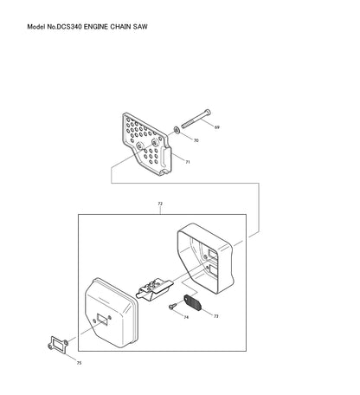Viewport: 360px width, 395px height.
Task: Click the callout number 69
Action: click(x=217, y=127)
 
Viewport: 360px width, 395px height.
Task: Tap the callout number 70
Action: click(x=196, y=140)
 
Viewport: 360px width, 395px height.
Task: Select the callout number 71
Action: click(x=188, y=162)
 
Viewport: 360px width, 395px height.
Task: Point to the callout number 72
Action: click(x=160, y=204)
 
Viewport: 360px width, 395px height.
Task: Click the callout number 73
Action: click(x=216, y=316)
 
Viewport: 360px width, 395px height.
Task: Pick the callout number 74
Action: click(x=186, y=317)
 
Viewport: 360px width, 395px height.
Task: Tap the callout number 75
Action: click(x=79, y=363)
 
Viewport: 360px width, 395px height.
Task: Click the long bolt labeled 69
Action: click(x=196, y=119)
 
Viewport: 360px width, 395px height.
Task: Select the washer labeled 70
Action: click(x=177, y=130)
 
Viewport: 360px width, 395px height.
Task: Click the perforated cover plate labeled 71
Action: click(x=146, y=144)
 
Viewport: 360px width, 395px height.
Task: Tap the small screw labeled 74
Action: click(x=171, y=307)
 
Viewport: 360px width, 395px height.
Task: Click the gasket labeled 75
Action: click(x=58, y=344)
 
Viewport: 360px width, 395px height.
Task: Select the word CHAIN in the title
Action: click(x=120, y=27)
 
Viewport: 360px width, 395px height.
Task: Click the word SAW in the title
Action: click(x=140, y=27)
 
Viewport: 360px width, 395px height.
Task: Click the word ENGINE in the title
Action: click(x=96, y=27)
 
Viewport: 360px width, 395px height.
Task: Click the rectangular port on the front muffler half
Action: click(x=102, y=319)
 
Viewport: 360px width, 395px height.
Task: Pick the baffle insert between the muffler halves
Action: click(x=154, y=289)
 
